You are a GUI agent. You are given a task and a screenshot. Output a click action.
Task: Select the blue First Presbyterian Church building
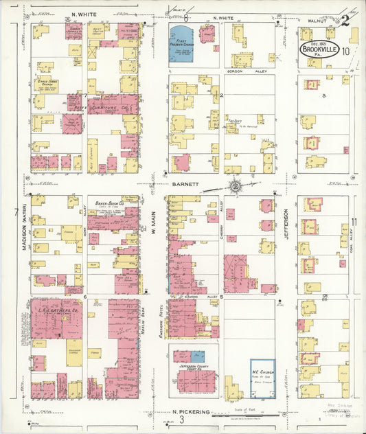pos(182,44)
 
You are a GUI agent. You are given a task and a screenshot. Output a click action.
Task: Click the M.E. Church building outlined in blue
pos(262,378)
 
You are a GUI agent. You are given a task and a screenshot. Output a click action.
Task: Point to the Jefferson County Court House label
pos(195,369)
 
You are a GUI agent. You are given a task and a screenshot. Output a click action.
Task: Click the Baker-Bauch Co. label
pos(109,203)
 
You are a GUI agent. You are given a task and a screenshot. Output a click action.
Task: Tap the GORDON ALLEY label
pos(244,71)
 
